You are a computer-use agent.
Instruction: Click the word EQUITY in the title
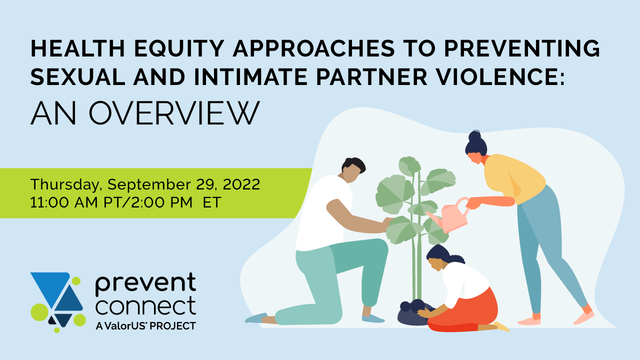tap(179, 48)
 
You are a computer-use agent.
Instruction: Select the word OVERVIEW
tap(174, 113)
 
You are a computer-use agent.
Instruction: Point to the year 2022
tap(241, 184)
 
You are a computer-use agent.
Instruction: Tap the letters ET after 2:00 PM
tap(211, 202)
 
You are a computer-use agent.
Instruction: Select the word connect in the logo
tap(145, 305)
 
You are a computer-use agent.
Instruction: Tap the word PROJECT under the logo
tap(172, 326)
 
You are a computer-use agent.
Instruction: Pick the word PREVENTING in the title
tap(522, 48)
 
